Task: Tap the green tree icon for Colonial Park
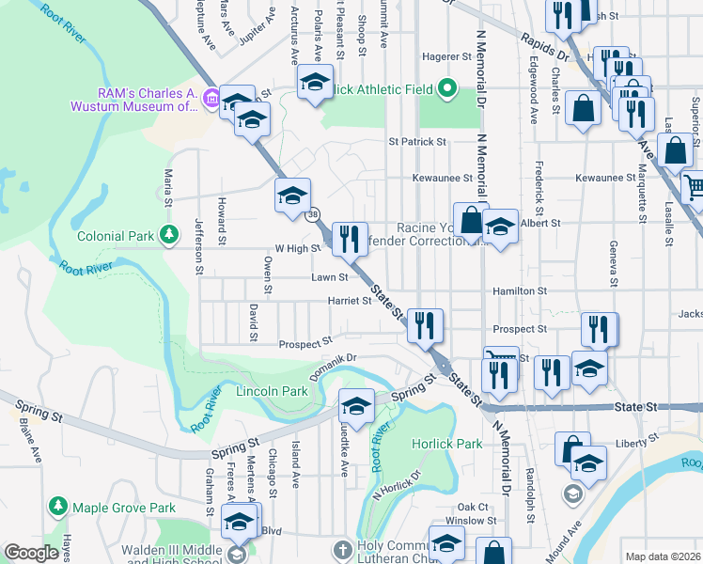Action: (x=168, y=233)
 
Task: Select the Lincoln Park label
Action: (x=272, y=391)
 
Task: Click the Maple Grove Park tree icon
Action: (x=58, y=508)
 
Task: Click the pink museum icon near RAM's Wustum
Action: (x=211, y=98)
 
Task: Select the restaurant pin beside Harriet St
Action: (x=425, y=325)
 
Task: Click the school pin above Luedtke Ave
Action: (x=356, y=405)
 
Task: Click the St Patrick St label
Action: (x=417, y=142)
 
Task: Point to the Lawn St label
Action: (x=330, y=277)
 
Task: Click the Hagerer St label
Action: (x=445, y=56)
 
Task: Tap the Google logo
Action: (x=30, y=553)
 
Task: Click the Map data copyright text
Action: (x=663, y=556)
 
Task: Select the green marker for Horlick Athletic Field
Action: (x=447, y=90)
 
